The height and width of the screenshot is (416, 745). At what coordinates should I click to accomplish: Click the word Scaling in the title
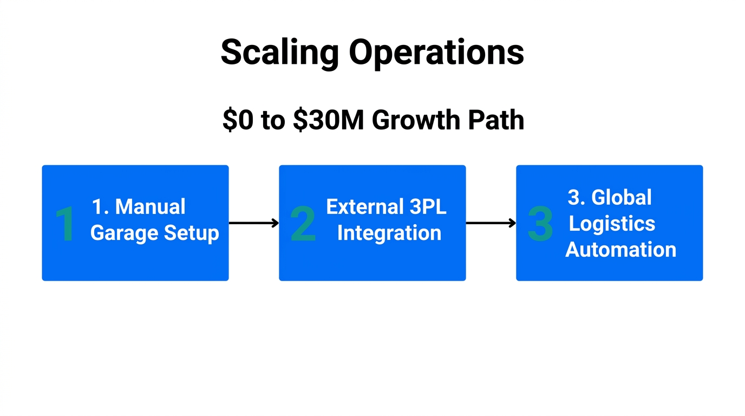[x=279, y=53]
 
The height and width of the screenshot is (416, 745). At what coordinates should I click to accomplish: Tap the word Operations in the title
[x=436, y=53]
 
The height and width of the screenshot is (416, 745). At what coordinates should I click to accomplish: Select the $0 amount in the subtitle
[x=237, y=120]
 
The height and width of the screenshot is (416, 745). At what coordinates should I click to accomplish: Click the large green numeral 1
[x=66, y=224]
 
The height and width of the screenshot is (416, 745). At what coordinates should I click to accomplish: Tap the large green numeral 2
[x=303, y=224]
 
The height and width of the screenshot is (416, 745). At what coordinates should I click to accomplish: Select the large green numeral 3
[x=540, y=224]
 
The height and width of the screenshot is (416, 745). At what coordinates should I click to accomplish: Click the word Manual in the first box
[x=150, y=207]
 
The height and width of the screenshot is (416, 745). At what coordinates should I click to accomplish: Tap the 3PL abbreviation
[x=428, y=207]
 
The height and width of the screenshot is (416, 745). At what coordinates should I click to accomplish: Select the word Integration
[x=389, y=233]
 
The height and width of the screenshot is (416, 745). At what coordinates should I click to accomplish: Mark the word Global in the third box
[x=621, y=197]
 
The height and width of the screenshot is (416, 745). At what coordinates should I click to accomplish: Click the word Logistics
[x=612, y=223]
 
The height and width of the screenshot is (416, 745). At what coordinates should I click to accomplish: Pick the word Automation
[x=620, y=250]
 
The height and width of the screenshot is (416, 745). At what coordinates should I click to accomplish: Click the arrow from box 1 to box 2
[x=253, y=223]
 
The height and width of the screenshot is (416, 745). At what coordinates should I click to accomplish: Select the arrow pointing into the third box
[x=491, y=223]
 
